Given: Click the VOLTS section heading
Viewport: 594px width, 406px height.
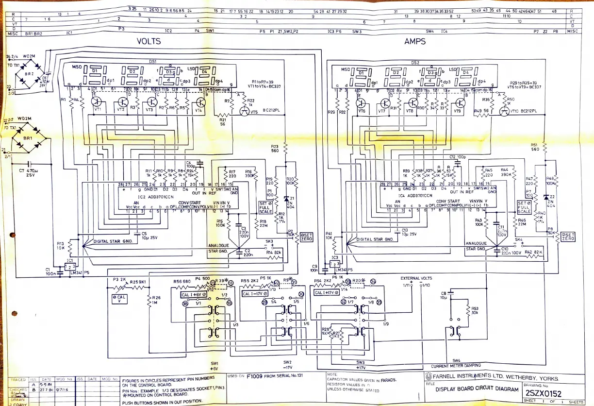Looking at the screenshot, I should point(148,42).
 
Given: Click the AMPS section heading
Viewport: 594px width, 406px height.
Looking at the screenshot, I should point(415,42).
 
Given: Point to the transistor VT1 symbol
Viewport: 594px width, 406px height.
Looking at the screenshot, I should point(96,102).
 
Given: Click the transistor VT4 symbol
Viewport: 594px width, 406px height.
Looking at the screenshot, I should point(200,103).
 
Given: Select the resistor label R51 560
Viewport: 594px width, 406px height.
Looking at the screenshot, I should point(535,147).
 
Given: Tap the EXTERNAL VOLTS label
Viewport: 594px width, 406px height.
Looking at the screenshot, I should point(416,278).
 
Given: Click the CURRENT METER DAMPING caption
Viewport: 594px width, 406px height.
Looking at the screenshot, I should point(456,365).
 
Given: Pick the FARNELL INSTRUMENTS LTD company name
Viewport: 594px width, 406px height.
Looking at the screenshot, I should point(494,378).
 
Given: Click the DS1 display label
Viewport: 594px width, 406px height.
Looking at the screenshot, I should point(152,62).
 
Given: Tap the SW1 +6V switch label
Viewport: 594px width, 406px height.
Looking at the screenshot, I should point(214,366).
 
